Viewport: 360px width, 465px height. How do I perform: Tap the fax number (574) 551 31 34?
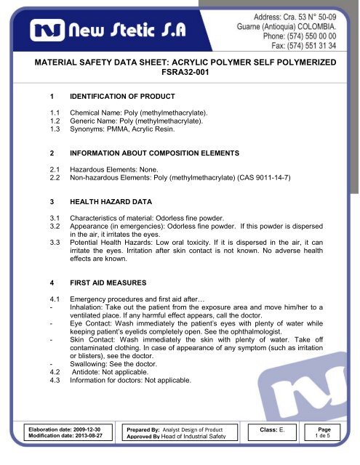click(317, 44)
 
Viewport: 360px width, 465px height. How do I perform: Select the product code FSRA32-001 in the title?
click(179, 74)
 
